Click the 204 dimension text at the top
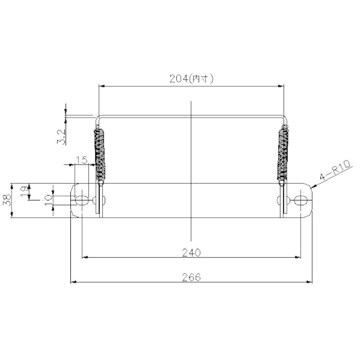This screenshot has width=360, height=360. tap(179, 79)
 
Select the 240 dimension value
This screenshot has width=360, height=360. tap(191, 252)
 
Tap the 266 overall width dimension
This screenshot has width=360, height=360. tap(191, 277)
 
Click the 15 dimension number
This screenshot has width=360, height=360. tap(82, 160)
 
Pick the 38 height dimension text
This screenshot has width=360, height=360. tap(7, 200)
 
